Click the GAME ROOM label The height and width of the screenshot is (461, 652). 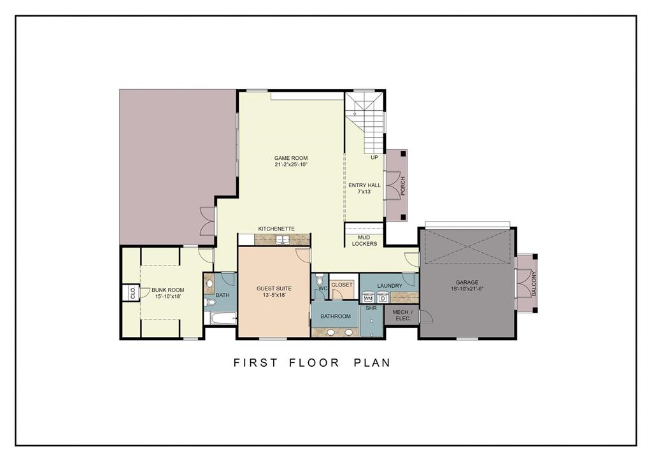point(291,158)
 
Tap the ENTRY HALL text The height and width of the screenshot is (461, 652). point(365,185)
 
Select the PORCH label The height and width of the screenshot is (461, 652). point(402,186)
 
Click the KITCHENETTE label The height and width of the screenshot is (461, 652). point(276,229)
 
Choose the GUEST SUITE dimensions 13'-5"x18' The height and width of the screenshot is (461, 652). point(274,295)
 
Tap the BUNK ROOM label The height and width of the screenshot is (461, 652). point(168,290)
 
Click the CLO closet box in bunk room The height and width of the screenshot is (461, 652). point(132,294)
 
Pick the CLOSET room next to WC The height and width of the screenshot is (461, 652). point(342,285)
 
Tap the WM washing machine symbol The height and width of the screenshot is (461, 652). point(368,298)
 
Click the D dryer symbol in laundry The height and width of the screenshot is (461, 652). point(383,298)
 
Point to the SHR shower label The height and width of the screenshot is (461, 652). point(371,309)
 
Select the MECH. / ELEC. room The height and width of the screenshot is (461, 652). point(402,315)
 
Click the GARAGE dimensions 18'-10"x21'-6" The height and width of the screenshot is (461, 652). point(466,289)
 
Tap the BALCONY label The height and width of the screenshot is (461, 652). point(534,284)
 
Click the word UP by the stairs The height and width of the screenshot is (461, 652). point(374,157)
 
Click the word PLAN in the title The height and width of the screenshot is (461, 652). point(372,363)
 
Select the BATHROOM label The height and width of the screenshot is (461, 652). point(336,316)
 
